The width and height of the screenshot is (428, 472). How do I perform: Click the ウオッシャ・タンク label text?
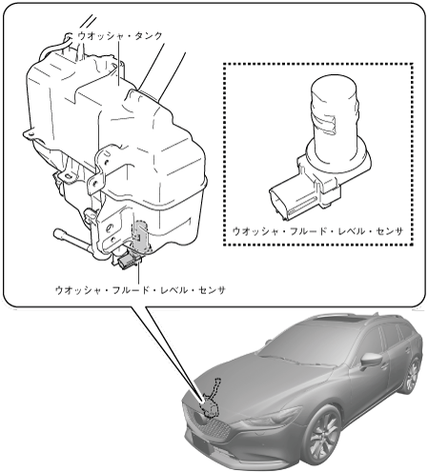coord(120,36)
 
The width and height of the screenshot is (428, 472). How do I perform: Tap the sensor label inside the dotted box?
coord(318,231)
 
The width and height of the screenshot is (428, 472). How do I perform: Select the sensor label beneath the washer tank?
coord(140,289)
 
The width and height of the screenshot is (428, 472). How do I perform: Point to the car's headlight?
coord(274,417)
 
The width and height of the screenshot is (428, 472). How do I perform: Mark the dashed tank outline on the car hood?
coord(212,400)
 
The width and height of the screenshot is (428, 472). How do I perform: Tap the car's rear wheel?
coord(412,377)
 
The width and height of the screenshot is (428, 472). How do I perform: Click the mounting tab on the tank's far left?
coord(31,134)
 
